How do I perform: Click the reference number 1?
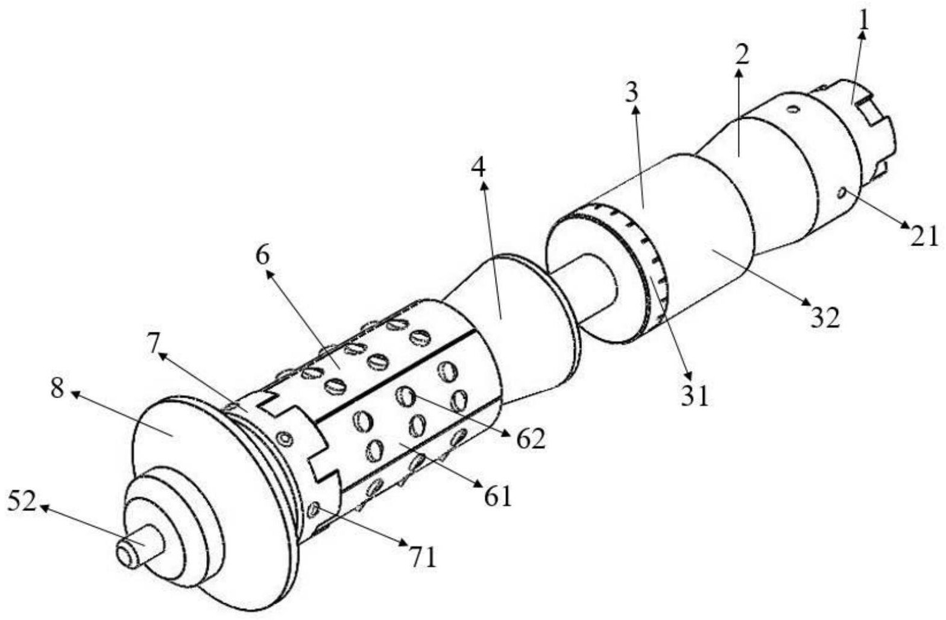865,21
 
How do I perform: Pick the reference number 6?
263,256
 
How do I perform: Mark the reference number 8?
57,389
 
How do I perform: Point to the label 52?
22,502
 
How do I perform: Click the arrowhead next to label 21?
907,226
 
